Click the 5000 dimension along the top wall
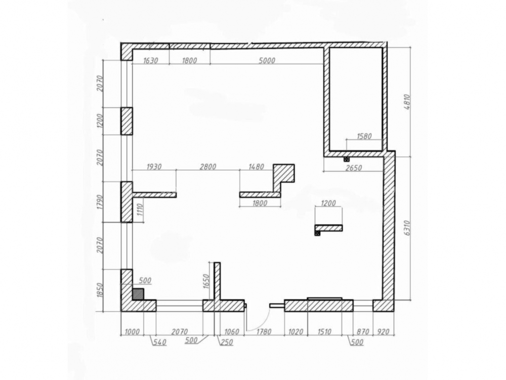(267, 60)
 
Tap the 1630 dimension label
(150, 60)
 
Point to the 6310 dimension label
(407, 228)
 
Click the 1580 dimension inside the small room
(364, 136)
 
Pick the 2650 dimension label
(354, 168)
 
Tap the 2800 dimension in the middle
(208, 167)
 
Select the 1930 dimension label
(154, 167)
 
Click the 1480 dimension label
(256, 167)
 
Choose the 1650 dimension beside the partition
(207, 281)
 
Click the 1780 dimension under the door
(264, 331)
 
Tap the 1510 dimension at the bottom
(324, 331)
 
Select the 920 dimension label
(383, 331)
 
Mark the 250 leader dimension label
(227, 342)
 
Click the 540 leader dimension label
(160, 342)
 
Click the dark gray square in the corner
(138, 294)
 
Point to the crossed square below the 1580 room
(346, 159)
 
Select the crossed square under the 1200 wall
(318, 233)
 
